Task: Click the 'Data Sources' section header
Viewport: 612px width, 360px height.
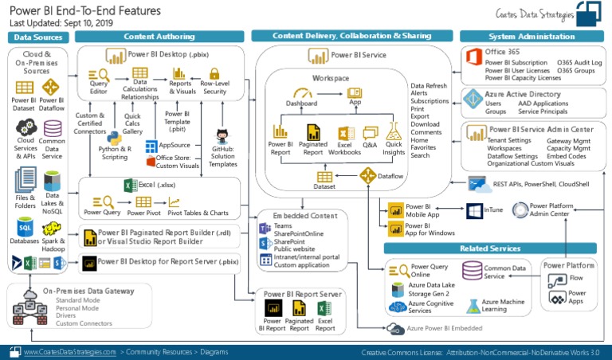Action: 38,37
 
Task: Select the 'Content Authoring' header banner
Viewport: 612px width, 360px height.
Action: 159,37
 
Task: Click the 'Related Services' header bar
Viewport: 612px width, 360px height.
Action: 495,248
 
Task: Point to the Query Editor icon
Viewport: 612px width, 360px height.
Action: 99,74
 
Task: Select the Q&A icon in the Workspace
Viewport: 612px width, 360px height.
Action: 370,133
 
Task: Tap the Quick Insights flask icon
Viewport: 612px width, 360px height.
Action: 394,131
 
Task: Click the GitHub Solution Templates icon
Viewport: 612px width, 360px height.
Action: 222,134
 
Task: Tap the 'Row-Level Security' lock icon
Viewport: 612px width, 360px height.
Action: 214,74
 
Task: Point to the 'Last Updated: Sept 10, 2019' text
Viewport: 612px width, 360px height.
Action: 61,23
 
